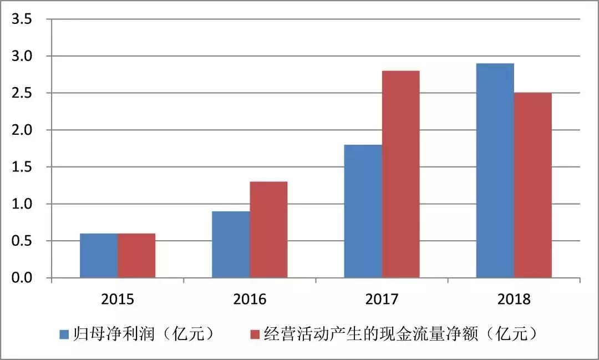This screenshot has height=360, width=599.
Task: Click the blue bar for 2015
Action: click(x=99, y=256)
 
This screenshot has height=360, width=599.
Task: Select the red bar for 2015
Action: click(x=136, y=256)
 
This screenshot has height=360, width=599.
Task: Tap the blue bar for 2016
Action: click(x=231, y=245)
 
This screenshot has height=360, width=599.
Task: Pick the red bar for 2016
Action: click(x=268, y=230)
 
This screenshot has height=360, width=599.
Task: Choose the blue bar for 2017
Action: click(x=363, y=211)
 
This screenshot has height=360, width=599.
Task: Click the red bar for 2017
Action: click(x=400, y=174)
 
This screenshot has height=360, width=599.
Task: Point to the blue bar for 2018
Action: click(x=495, y=170)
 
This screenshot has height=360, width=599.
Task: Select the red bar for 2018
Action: click(x=532, y=185)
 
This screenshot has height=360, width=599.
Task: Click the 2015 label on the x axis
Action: click(x=118, y=300)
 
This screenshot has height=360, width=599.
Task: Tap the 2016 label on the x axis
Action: click(x=250, y=300)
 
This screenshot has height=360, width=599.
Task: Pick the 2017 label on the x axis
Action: click(x=382, y=300)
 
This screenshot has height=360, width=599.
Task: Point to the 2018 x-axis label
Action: click(x=514, y=300)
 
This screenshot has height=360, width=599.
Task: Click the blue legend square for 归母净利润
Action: click(x=64, y=334)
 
